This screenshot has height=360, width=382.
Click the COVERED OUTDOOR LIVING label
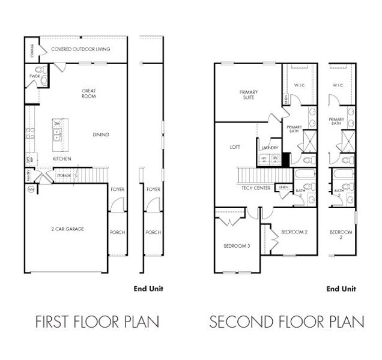click(x=80, y=49)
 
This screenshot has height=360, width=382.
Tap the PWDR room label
click(x=34, y=76)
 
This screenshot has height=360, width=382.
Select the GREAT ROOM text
click(x=89, y=94)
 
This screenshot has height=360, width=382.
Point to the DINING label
click(x=101, y=135)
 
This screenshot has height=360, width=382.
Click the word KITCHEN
click(x=62, y=158)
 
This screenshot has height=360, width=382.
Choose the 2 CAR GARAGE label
click(x=67, y=229)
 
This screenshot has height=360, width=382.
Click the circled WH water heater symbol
click(x=31, y=190)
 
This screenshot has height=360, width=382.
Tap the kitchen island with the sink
click(x=58, y=132)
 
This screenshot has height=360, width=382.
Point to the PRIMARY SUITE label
click(x=248, y=95)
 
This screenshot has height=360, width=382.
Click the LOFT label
click(x=235, y=146)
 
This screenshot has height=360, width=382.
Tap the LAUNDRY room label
click(x=268, y=148)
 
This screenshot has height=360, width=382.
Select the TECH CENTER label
click(x=255, y=188)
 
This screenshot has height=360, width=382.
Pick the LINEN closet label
click(x=283, y=188)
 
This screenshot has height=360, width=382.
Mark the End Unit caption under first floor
click(x=148, y=289)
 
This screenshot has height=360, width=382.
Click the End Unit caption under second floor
click(x=341, y=289)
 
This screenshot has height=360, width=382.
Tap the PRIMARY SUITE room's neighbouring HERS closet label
click(x=286, y=98)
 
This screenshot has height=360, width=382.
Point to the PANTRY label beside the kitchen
click(x=28, y=175)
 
